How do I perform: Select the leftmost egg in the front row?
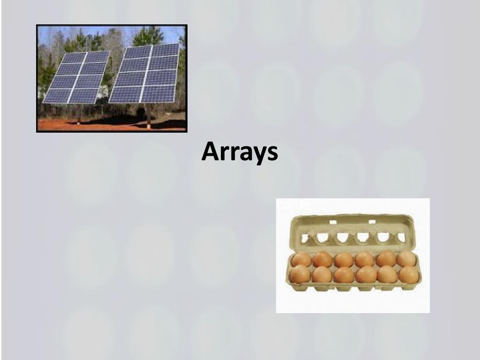(x=300, y=274)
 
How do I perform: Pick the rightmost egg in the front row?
(x=409, y=275)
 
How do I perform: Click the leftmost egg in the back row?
(x=301, y=260)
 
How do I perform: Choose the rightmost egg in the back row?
(x=406, y=259)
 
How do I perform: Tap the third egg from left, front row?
(x=344, y=275)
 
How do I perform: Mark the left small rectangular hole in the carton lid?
(x=333, y=222)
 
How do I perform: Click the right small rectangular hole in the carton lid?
(x=372, y=222)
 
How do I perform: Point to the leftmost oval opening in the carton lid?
(x=305, y=238)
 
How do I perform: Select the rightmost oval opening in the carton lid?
(x=401, y=237)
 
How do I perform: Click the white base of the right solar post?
(x=149, y=126)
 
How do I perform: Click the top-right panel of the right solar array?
(x=165, y=50)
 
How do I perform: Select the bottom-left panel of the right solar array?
(x=125, y=95)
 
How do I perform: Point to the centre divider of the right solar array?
(x=146, y=74)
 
